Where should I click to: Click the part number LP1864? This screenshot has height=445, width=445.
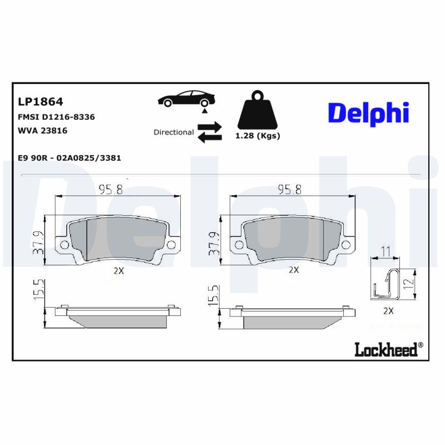point(41,102)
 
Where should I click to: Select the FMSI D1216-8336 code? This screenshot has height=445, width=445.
point(56,117)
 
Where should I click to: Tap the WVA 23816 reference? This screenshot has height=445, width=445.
point(43,131)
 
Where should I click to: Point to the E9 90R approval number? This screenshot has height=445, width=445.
point(70,158)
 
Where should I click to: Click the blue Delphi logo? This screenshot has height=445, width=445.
point(368,113)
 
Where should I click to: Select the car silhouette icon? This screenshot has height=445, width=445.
point(185,99)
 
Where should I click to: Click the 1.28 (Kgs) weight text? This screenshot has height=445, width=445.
point(258,136)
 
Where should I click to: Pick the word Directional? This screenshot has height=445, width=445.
point(174,132)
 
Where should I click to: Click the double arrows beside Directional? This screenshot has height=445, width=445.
point(210,132)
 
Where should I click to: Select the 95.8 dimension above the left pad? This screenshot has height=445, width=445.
point(111,189)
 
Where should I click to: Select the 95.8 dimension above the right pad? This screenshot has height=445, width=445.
point(289,189)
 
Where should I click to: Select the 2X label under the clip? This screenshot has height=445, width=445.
point(388,311)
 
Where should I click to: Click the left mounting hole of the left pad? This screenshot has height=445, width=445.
point(63,245)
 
